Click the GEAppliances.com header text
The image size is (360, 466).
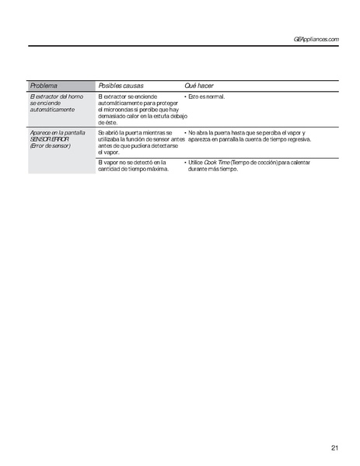[x=317, y=39]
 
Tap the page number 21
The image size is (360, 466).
[x=334, y=447]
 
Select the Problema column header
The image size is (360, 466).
[x=44, y=84]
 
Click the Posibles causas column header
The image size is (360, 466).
[x=121, y=84]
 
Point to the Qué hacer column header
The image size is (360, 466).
[x=199, y=84]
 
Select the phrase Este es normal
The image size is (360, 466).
[x=206, y=96]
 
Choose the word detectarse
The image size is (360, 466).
[x=166, y=145]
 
